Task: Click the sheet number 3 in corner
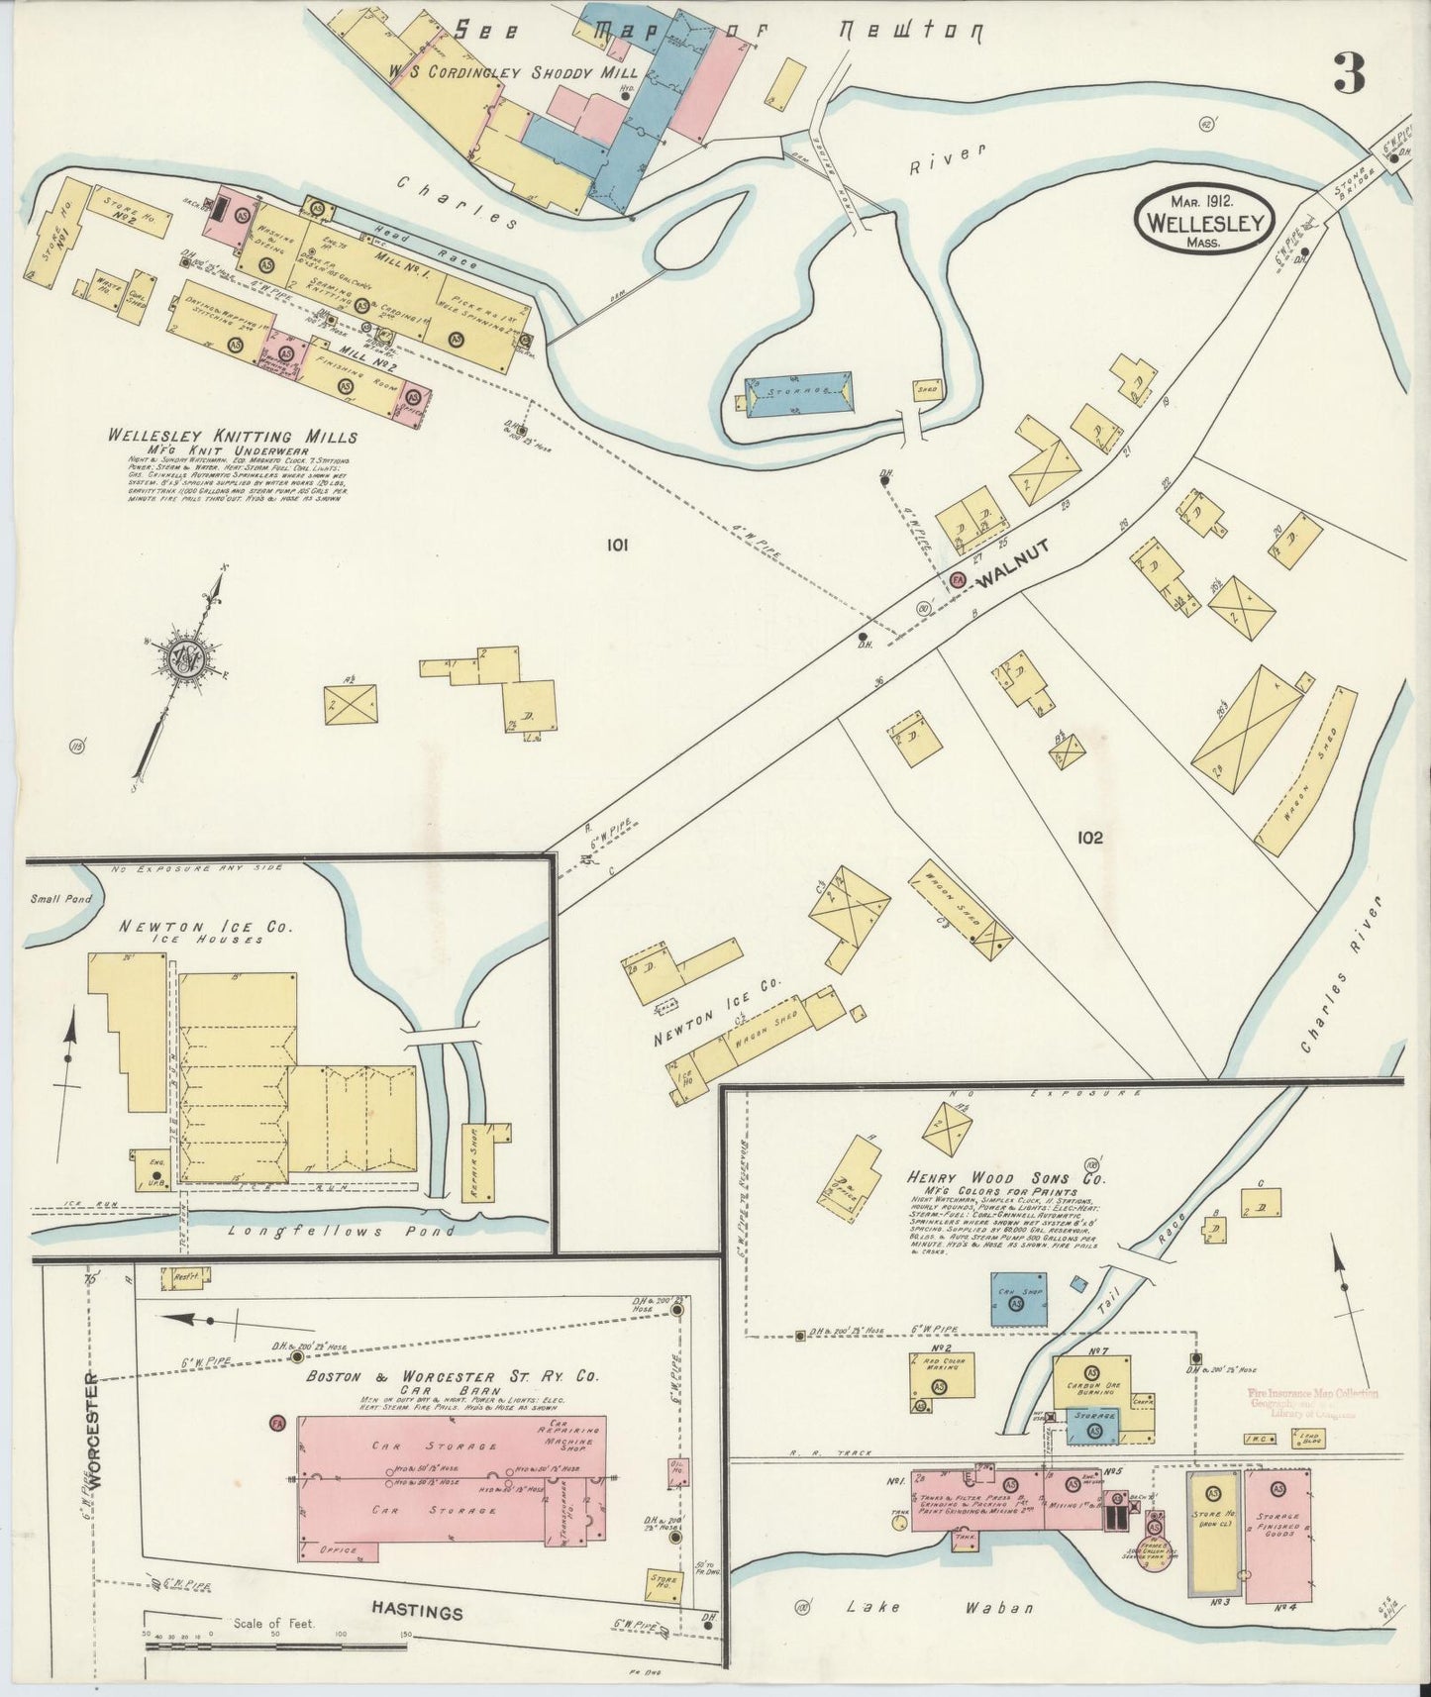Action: tap(1348, 73)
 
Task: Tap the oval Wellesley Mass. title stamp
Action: tap(1204, 222)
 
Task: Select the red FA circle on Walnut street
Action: tap(958, 580)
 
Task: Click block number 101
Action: tap(619, 544)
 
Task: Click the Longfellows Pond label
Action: tap(340, 1231)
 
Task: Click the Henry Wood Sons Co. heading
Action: tap(1004, 1178)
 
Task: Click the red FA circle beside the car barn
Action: tap(277, 1424)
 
